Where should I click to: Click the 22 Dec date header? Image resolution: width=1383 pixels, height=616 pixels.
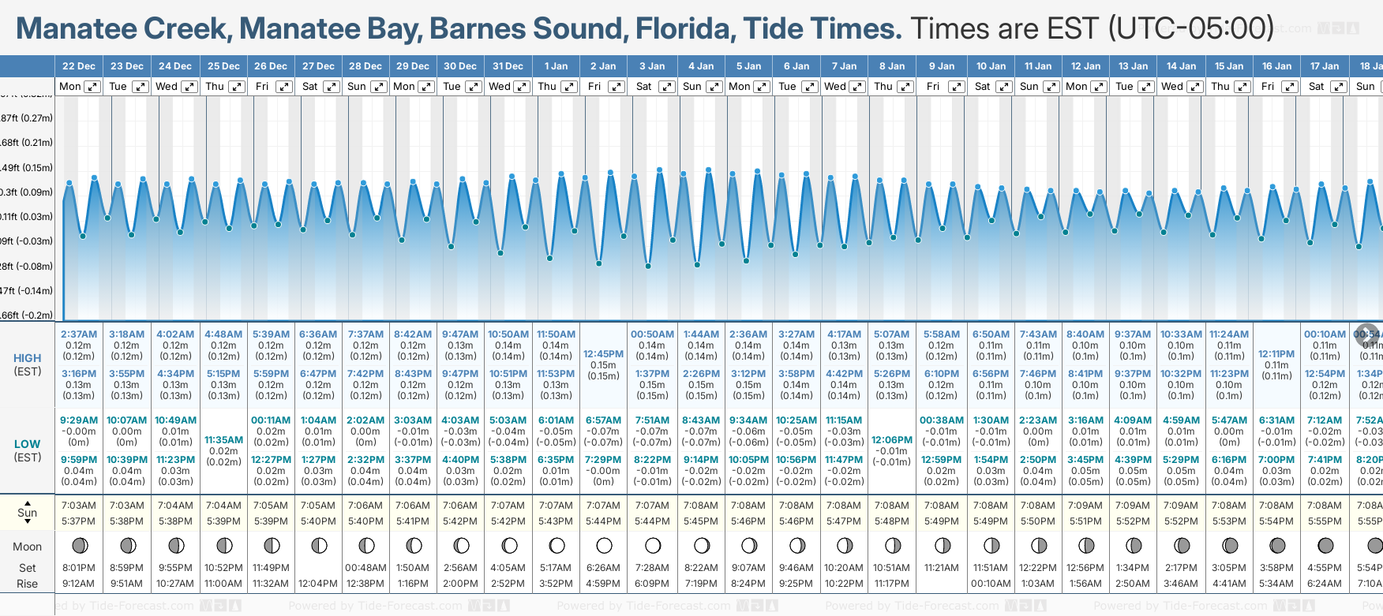79,66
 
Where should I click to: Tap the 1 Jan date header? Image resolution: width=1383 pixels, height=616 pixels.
556,66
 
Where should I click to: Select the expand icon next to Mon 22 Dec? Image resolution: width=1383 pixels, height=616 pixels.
92,87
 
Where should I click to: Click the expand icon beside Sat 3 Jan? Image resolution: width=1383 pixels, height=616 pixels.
666,87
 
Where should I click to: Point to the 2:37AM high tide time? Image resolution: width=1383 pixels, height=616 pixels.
79,334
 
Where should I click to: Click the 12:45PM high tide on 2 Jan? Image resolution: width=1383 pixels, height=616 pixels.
603,354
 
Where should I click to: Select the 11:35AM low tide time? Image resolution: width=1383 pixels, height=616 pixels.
223,440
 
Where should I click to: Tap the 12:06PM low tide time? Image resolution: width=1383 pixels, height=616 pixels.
892,440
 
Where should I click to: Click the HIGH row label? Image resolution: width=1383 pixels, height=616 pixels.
28,358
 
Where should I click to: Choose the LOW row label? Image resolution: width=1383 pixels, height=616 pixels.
28,444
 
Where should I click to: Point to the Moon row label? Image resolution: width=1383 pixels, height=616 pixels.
28,547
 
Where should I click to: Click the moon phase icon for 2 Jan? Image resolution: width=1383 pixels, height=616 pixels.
604,545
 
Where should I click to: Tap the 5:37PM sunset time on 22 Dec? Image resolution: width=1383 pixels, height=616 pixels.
78,521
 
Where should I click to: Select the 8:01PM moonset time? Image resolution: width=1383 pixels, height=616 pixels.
78,568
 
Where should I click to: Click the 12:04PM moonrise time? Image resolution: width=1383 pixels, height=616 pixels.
319,584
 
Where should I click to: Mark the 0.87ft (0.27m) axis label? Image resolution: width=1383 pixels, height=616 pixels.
27,118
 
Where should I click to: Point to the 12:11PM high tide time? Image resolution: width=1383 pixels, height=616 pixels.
1276,354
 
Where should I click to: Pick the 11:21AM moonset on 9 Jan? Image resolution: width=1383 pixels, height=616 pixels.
942,568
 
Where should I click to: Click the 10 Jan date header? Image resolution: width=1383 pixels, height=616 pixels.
991,66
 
